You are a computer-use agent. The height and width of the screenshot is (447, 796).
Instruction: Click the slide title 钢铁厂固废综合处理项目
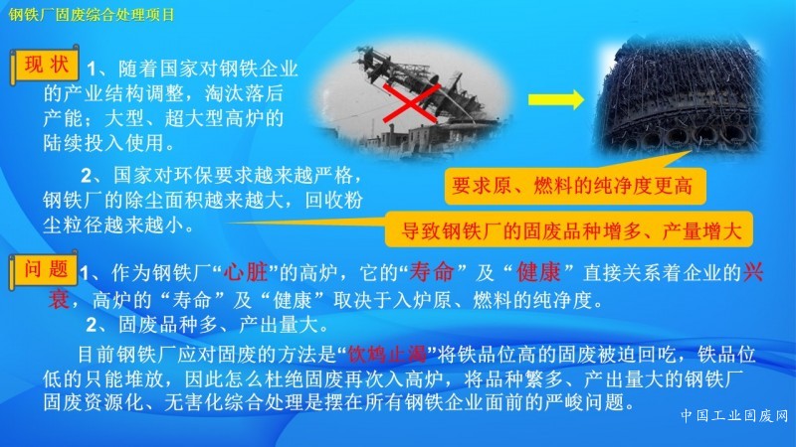tap(92, 14)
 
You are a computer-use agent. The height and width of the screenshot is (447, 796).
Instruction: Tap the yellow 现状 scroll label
tap(45, 65)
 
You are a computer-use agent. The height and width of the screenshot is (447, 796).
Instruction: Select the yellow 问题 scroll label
tap(44, 269)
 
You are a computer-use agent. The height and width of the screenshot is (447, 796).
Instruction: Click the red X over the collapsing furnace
tap(411, 103)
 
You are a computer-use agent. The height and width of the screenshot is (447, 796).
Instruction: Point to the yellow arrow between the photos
tap(556, 99)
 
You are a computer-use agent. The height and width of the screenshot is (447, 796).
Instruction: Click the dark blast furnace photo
tap(679, 96)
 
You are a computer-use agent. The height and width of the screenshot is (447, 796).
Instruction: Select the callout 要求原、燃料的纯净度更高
tap(575, 186)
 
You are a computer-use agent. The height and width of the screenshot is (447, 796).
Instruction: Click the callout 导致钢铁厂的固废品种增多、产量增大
tap(569, 230)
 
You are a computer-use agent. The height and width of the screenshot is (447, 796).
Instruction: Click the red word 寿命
tap(432, 272)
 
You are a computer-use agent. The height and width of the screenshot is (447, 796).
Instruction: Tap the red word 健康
tap(538, 272)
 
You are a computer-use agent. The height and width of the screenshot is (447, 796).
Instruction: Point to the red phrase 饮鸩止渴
tap(387, 355)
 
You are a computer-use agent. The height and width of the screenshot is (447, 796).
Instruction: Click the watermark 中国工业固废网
tap(734, 415)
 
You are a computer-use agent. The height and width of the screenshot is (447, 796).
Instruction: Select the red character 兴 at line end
tap(753, 272)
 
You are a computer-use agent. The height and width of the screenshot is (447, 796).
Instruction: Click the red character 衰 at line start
tap(59, 299)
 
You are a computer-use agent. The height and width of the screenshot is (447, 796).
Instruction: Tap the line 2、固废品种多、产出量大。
tap(208, 325)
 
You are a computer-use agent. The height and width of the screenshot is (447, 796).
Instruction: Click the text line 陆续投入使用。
tap(109, 143)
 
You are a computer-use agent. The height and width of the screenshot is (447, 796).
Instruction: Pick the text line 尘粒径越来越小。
tap(118, 225)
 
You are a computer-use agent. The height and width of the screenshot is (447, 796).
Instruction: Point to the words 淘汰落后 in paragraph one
tap(244, 93)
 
